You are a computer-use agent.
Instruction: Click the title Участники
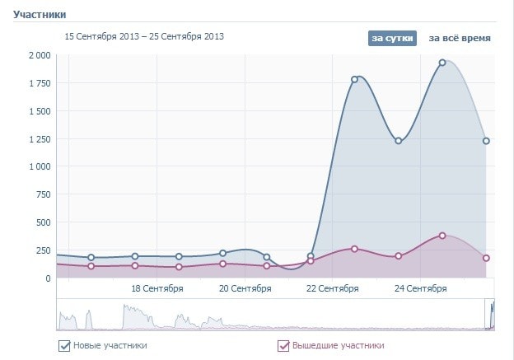tap(39, 15)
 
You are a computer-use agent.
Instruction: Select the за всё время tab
tap(460, 38)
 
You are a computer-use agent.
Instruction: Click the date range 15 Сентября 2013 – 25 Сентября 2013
tap(144, 36)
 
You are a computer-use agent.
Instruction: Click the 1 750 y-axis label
tap(38, 83)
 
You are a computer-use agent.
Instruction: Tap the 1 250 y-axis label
tap(38, 138)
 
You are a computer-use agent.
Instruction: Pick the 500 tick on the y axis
tap(41, 222)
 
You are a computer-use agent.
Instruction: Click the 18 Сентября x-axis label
tap(157, 288)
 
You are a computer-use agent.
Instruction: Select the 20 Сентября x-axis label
tap(245, 288)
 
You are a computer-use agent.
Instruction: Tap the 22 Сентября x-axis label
tap(333, 288)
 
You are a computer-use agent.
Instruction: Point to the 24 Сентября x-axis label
tap(421, 288)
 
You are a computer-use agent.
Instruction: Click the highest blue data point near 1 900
tap(442, 63)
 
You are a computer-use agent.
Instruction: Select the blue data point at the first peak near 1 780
tap(354, 79)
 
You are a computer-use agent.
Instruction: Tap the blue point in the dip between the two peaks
tap(399, 141)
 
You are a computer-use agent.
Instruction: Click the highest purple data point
tap(442, 236)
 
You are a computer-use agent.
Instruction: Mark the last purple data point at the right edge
tap(486, 258)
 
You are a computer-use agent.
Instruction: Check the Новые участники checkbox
tap(64, 346)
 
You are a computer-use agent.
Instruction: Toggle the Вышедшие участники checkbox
tap(283, 346)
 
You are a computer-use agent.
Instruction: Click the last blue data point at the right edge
tap(486, 141)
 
